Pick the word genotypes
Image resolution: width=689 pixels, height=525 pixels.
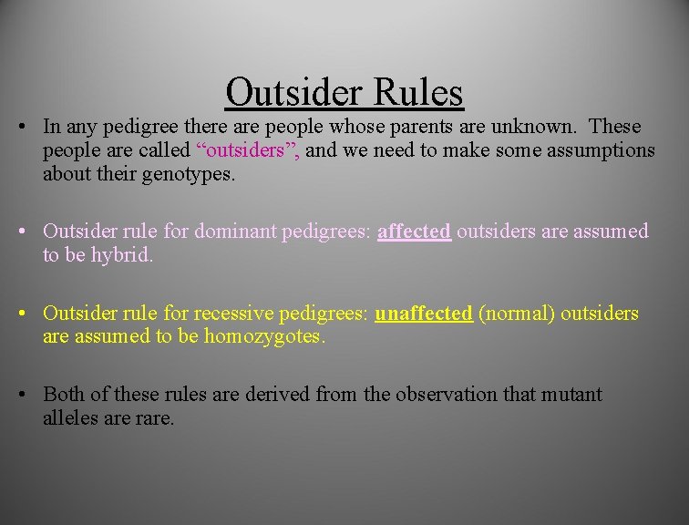coord(187,174)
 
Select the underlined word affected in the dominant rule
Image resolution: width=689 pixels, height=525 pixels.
coord(414,232)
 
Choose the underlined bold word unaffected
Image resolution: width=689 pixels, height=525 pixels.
coord(424,314)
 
